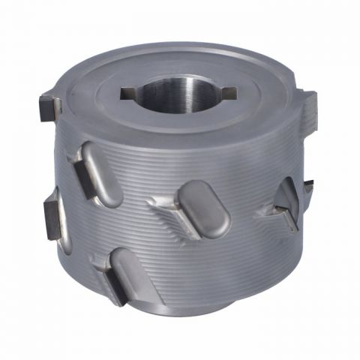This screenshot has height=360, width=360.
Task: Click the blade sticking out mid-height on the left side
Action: point(52,214)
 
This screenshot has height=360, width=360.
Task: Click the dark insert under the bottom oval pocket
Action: point(115,289)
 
